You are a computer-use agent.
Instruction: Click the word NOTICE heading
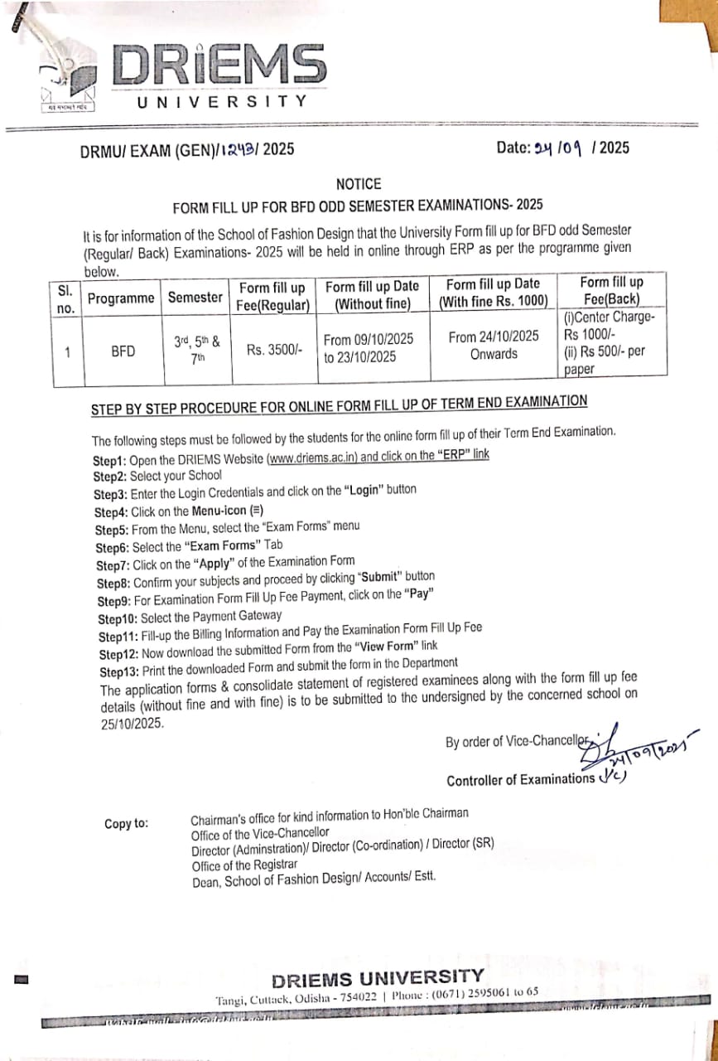359,184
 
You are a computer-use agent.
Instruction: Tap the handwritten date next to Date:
560,148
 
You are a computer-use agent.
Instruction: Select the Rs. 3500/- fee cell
274,350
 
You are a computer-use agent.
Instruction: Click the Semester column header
195,297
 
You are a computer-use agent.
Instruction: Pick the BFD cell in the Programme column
123,351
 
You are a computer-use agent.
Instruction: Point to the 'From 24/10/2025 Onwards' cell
494,345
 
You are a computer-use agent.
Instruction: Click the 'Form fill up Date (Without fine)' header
373,295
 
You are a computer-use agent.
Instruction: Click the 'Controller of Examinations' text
520,780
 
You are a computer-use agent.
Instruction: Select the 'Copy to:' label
127,823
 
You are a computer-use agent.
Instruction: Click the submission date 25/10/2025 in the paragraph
130,723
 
